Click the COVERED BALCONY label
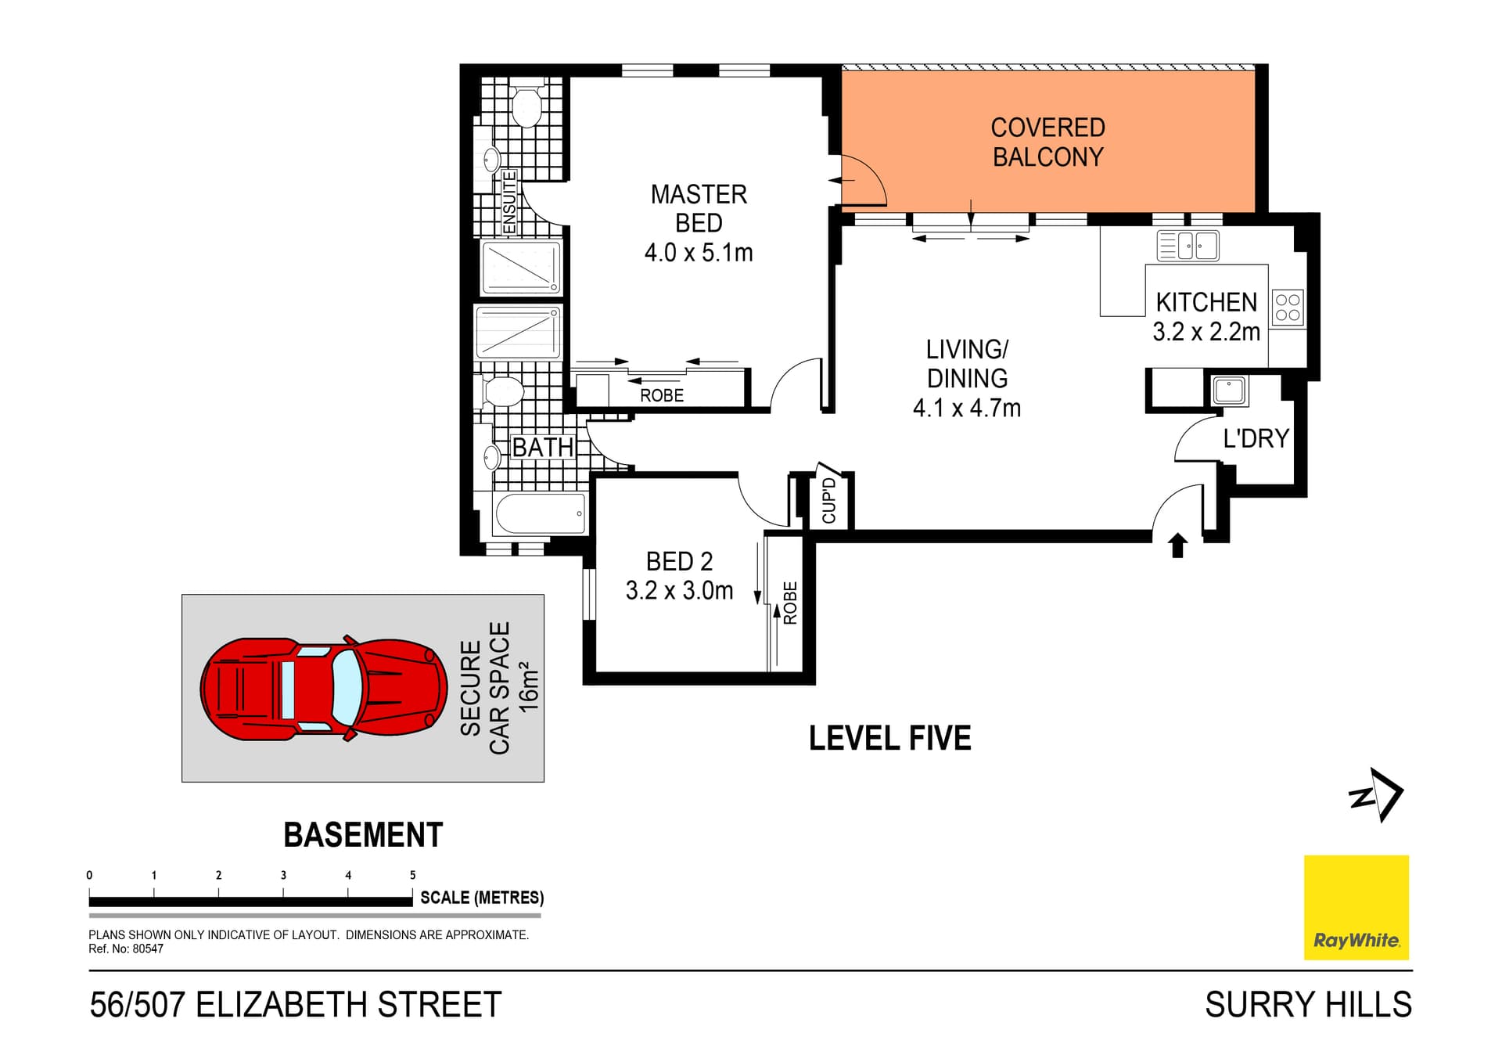(1047, 142)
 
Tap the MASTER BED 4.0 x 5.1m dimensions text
(699, 253)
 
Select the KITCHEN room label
(1206, 302)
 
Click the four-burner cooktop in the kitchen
(1287, 308)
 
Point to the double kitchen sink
(1188, 246)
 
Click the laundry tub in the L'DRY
(1229, 390)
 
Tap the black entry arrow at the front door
(1177, 545)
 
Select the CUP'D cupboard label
(829, 500)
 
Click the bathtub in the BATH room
(540, 513)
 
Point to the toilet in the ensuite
(526, 106)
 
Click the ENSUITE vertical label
(509, 202)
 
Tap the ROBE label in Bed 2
(790, 603)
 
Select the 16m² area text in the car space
(529, 687)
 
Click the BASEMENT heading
(363, 835)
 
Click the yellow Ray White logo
(1356, 907)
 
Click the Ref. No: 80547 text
(126, 949)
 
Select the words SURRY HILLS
(1308, 1005)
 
